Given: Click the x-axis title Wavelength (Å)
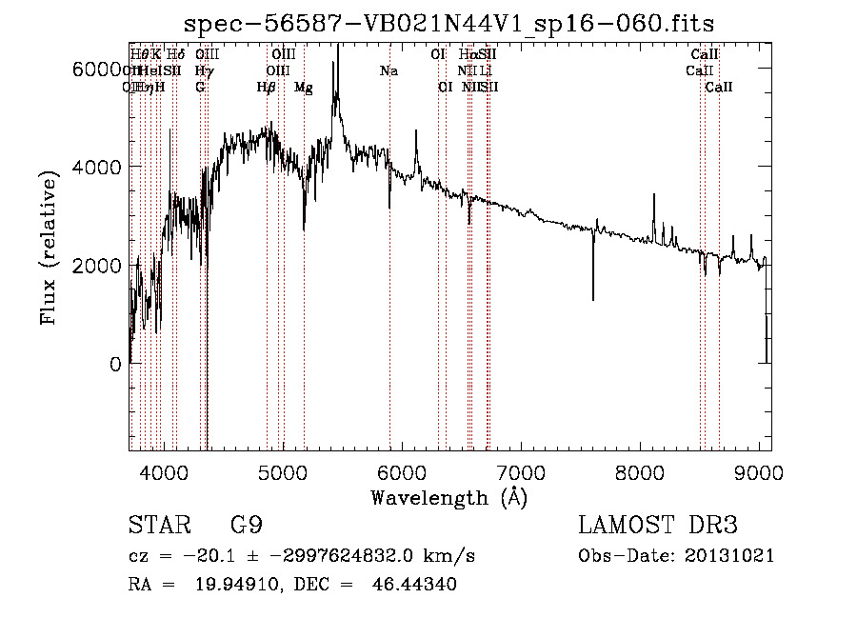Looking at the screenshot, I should point(448,497).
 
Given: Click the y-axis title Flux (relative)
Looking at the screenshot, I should point(50,246).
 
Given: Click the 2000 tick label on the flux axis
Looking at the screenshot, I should point(98,265).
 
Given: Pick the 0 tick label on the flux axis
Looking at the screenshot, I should point(113,364).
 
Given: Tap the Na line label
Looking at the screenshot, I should point(389,70).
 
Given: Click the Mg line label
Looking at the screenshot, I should point(303,88).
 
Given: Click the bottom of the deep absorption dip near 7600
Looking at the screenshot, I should point(593,299).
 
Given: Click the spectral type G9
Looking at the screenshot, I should point(247,526).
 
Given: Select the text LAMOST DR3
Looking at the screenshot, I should point(658,526).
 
